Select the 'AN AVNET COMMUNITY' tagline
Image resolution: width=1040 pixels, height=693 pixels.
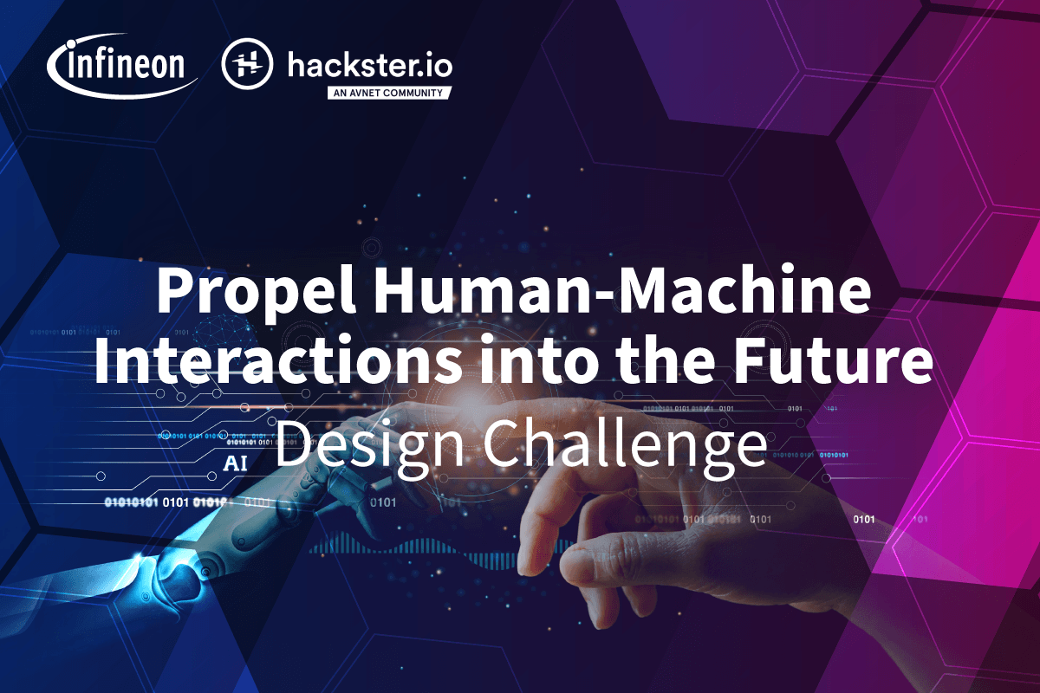388,93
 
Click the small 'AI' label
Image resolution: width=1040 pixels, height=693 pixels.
235,463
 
